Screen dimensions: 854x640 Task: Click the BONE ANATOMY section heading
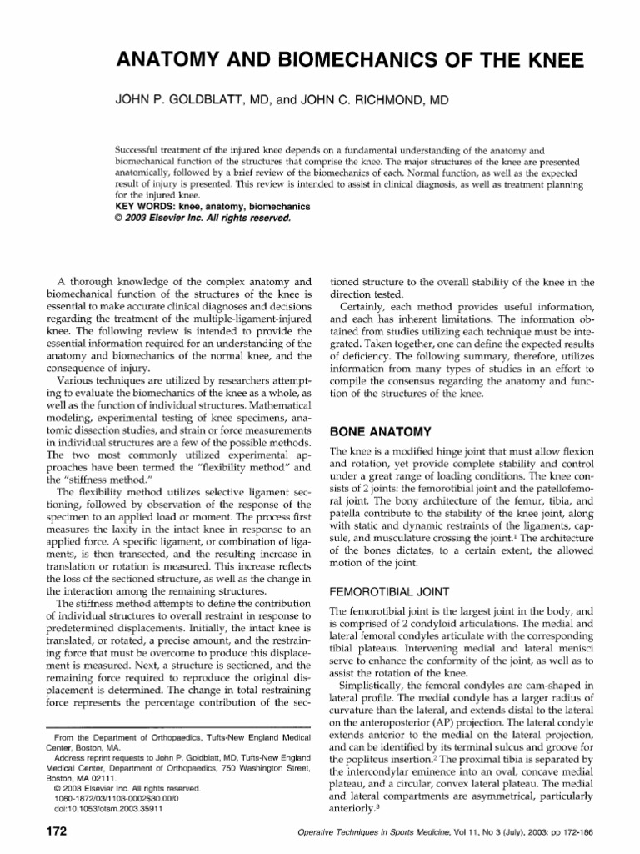381,432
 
